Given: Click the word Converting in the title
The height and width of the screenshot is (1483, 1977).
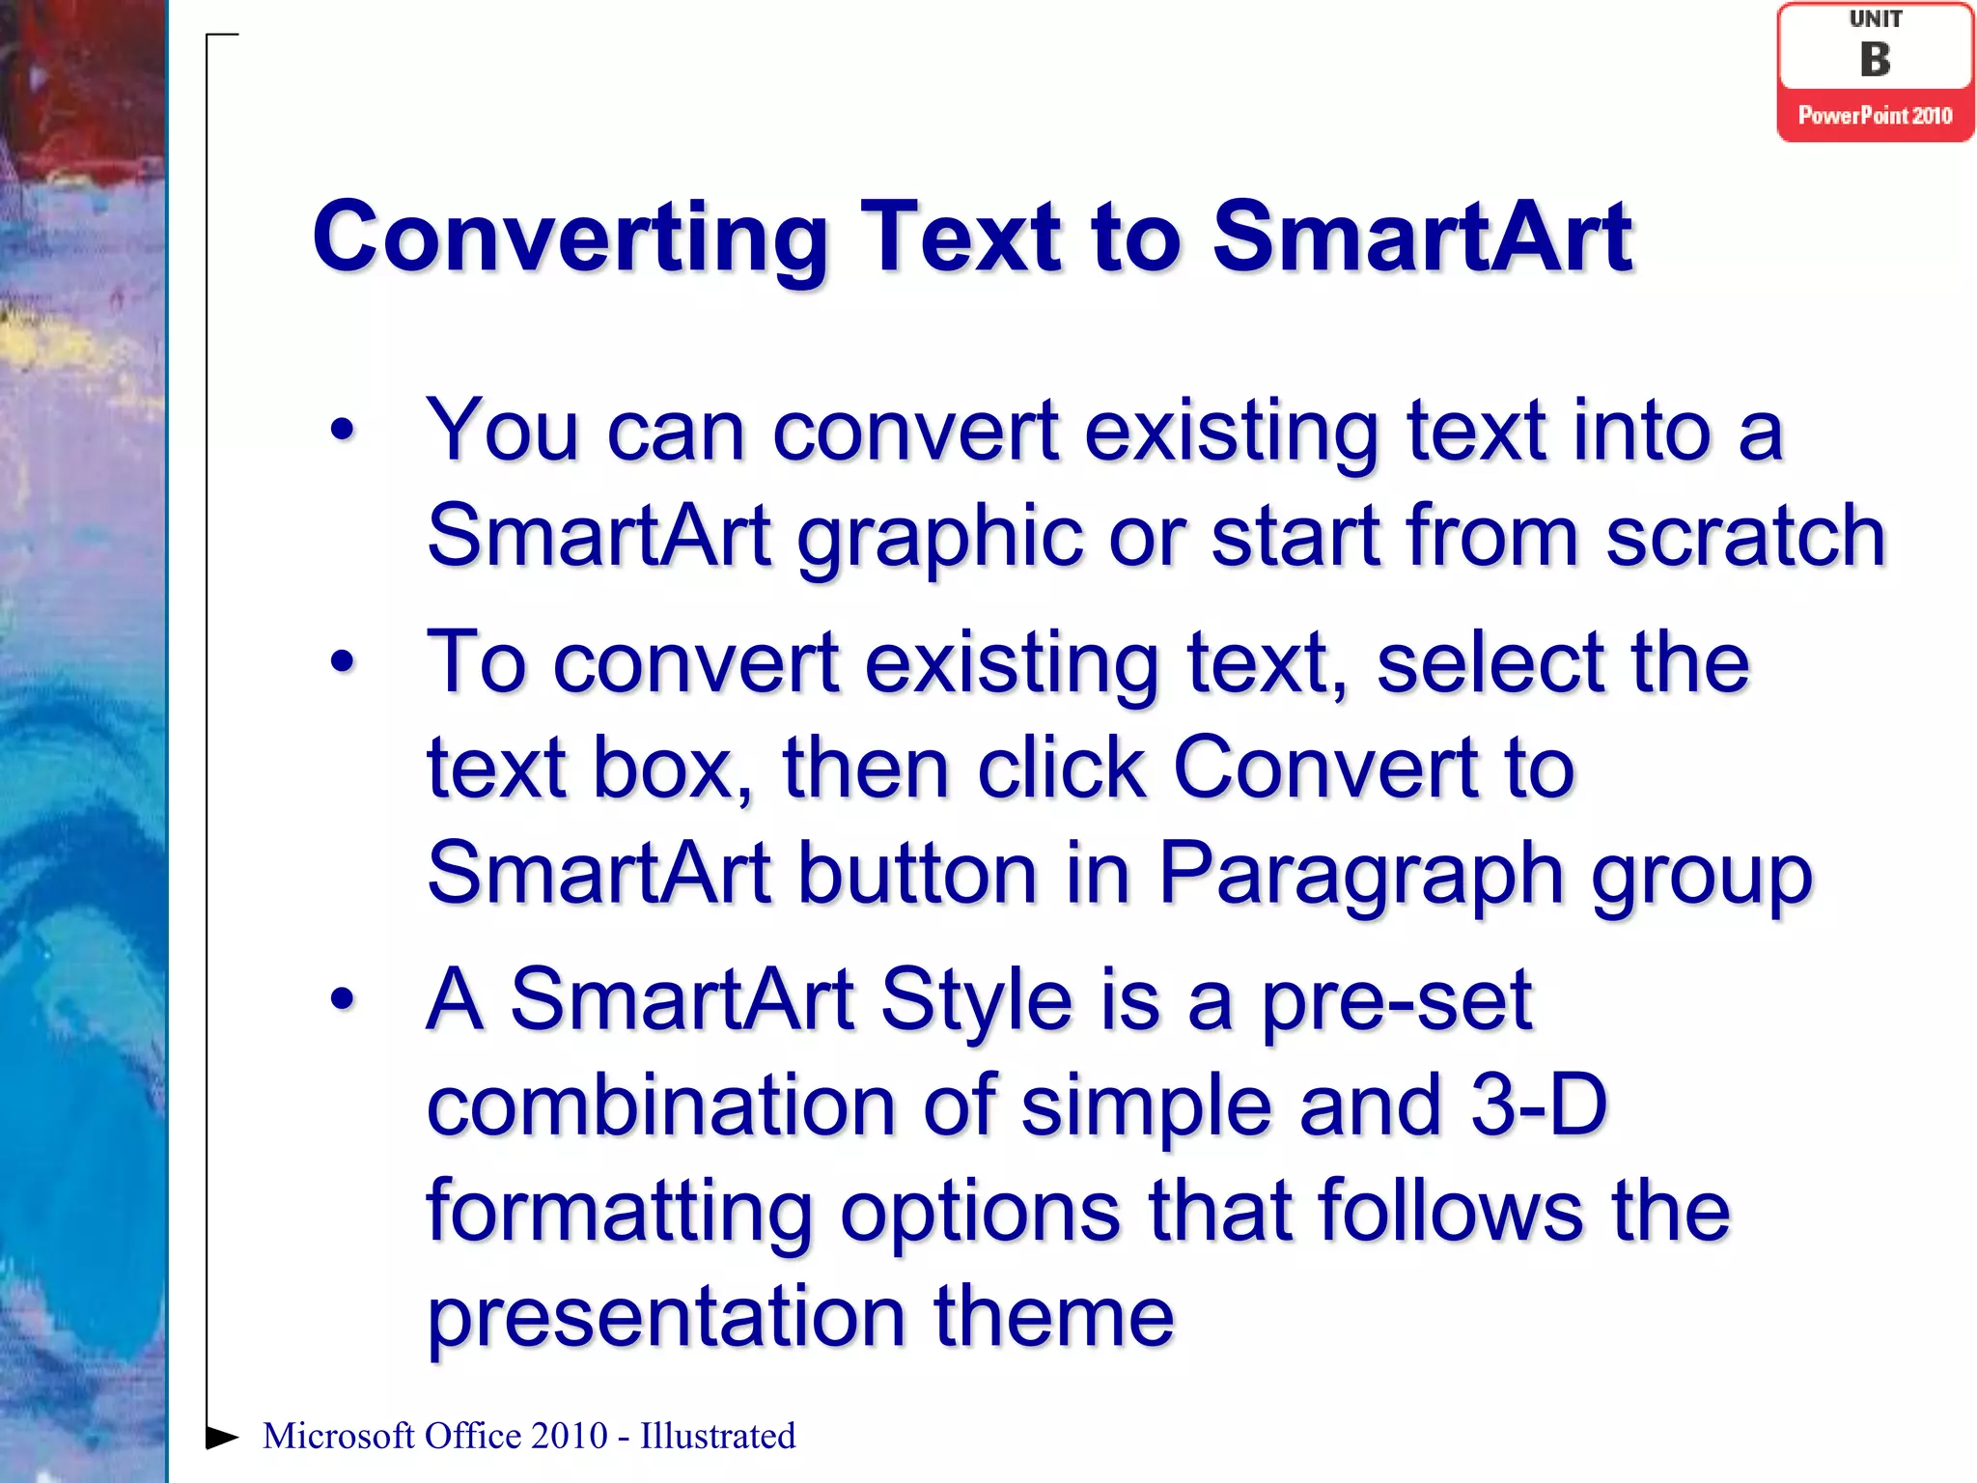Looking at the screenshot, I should click(570, 238).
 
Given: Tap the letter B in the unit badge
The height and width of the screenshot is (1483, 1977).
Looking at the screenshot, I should click(1875, 60).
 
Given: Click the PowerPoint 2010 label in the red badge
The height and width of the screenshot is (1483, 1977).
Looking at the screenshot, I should click(1875, 116).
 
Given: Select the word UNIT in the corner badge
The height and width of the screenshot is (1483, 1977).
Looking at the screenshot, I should click(1875, 19).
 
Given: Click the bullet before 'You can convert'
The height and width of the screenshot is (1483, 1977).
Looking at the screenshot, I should click(343, 430).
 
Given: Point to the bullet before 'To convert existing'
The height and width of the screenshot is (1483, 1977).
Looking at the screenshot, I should click(343, 662).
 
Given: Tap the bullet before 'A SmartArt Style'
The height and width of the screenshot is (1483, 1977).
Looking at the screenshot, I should click(343, 999).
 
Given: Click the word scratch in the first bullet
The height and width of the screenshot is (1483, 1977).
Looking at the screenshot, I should click(1745, 536).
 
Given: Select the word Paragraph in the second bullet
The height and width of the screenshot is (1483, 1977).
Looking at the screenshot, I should click(1359, 874).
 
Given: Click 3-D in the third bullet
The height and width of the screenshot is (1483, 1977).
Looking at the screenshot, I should click(1539, 1105).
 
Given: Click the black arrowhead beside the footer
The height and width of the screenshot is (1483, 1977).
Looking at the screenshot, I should click(222, 1437).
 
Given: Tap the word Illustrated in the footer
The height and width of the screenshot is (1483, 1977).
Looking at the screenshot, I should click(717, 1437).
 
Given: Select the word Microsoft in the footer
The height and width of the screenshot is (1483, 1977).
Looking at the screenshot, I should click(337, 1437).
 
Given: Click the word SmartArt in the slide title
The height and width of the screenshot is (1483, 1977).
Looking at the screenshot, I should click(1422, 238).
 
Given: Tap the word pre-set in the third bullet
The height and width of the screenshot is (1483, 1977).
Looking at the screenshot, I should click(1397, 1000).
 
